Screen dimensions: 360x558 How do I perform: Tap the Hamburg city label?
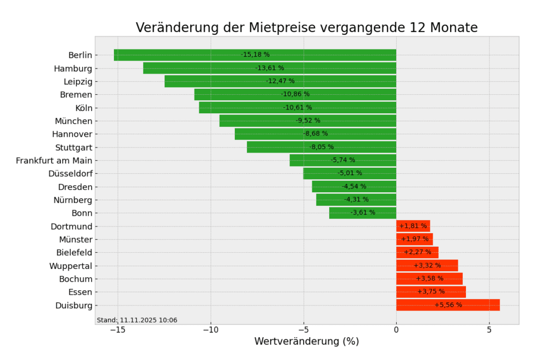(73, 69)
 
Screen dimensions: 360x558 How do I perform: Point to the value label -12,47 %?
(280, 81)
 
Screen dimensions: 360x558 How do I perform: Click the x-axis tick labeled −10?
(210, 330)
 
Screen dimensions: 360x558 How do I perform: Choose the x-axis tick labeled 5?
(489, 330)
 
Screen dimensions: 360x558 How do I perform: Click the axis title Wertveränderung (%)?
(306, 341)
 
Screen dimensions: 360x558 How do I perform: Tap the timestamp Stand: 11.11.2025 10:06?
(137, 320)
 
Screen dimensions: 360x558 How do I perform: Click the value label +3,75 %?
(431, 291)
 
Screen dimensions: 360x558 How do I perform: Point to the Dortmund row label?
(71, 227)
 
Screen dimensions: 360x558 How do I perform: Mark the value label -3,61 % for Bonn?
(363, 212)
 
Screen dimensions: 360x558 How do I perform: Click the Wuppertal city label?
(71, 266)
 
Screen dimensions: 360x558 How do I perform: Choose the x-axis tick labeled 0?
(396, 330)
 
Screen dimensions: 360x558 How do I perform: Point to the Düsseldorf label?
(70, 174)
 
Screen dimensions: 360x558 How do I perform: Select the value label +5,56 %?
(448, 305)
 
